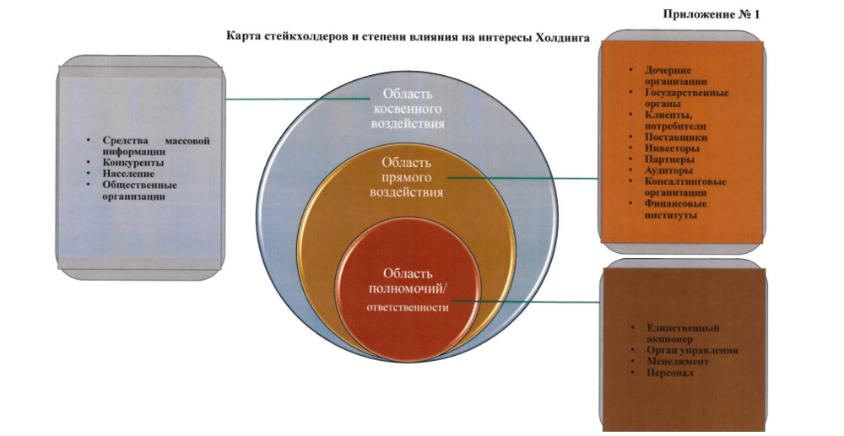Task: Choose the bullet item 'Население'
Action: (x=128, y=173)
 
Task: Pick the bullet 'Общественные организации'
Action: (x=138, y=190)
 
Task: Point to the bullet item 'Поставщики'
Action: (x=675, y=137)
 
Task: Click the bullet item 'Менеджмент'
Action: (x=677, y=361)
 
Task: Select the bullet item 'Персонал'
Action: (x=668, y=372)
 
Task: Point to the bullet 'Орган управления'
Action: (x=691, y=350)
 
